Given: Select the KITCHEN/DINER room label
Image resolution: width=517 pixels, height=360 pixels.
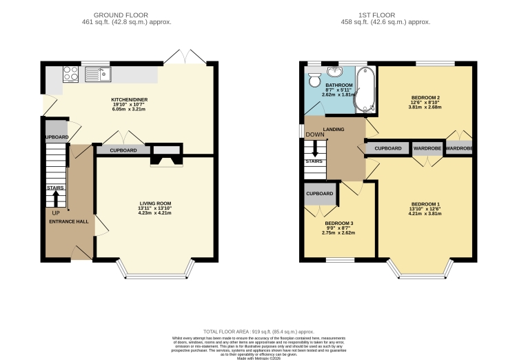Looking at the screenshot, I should pos(130,99).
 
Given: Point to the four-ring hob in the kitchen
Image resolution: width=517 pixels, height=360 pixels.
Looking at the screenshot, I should pos(70,74).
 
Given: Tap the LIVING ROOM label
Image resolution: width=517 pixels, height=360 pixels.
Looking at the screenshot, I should pos(154,203).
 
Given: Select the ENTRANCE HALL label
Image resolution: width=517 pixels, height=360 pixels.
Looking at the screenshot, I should pos(68,221).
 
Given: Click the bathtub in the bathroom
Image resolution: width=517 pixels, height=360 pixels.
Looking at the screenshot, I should pos(363,90).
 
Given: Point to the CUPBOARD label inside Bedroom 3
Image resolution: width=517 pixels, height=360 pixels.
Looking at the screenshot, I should pos(319,194).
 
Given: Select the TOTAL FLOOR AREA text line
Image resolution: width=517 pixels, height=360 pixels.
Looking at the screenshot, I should pos(258,332).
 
